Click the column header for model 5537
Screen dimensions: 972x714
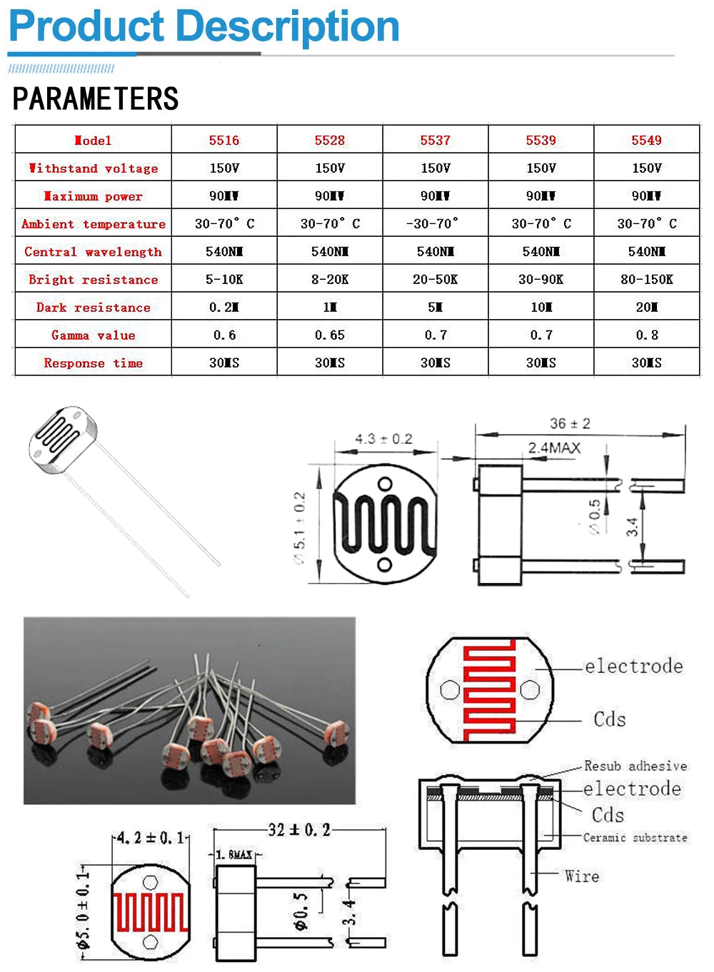(x=435, y=140)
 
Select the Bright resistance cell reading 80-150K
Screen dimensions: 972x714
(x=646, y=279)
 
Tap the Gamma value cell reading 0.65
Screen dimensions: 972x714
(x=329, y=335)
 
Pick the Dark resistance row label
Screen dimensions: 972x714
(x=94, y=308)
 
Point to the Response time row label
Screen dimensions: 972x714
(x=94, y=363)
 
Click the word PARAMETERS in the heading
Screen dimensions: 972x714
(x=96, y=98)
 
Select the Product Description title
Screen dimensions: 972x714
(x=203, y=26)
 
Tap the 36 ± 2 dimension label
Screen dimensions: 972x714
(x=570, y=424)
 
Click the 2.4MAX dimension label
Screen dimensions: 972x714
(x=554, y=448)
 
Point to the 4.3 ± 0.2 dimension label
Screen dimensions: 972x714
(x=383, y=439)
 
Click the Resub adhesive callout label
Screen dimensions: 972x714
(x=635, y=766)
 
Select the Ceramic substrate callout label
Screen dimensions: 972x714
(x=635, y=838)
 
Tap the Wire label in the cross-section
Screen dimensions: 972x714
(x=582, y=876)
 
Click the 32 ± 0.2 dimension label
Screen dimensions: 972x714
(x=299, y=830)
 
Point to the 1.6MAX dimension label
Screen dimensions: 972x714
(x=234, y=854)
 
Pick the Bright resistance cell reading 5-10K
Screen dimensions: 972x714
(x=224, y=279)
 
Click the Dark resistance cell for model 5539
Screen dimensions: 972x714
(x=540, y=308)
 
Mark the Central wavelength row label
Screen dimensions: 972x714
(x=94, y=252)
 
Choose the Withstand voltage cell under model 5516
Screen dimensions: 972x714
(x=224, y=168)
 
